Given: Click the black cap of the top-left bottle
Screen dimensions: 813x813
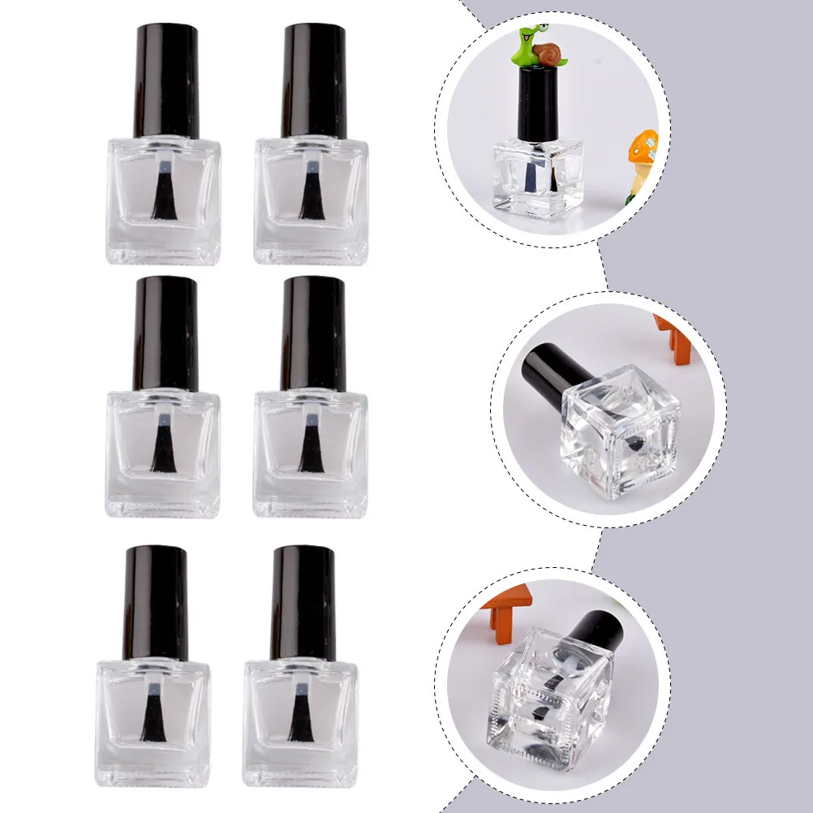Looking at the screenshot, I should coord(166,80).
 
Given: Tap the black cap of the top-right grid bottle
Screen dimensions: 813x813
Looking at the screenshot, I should coord(313,80).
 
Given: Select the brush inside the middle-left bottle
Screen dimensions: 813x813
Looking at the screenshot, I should coord(165,450).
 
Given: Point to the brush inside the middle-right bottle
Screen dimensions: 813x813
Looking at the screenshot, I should coord(309,450).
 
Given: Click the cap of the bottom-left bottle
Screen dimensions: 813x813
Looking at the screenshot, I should coord(155,601).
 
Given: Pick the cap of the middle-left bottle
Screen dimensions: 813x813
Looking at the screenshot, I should coord(166,333).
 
